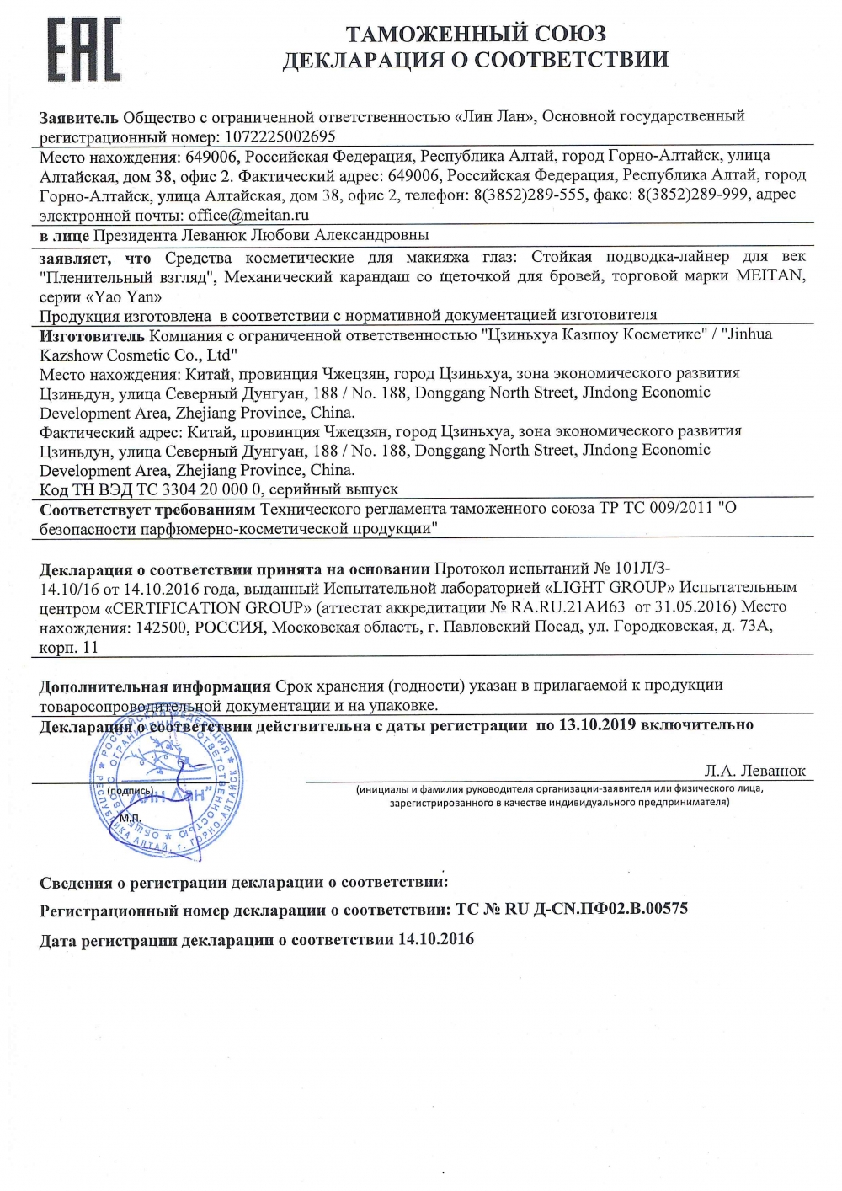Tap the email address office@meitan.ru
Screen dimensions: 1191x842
248,215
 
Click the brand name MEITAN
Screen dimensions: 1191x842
770,275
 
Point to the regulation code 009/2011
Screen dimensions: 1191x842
678,508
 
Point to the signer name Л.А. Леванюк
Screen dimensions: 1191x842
754,770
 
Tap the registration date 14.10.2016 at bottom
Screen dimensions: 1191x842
436,938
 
